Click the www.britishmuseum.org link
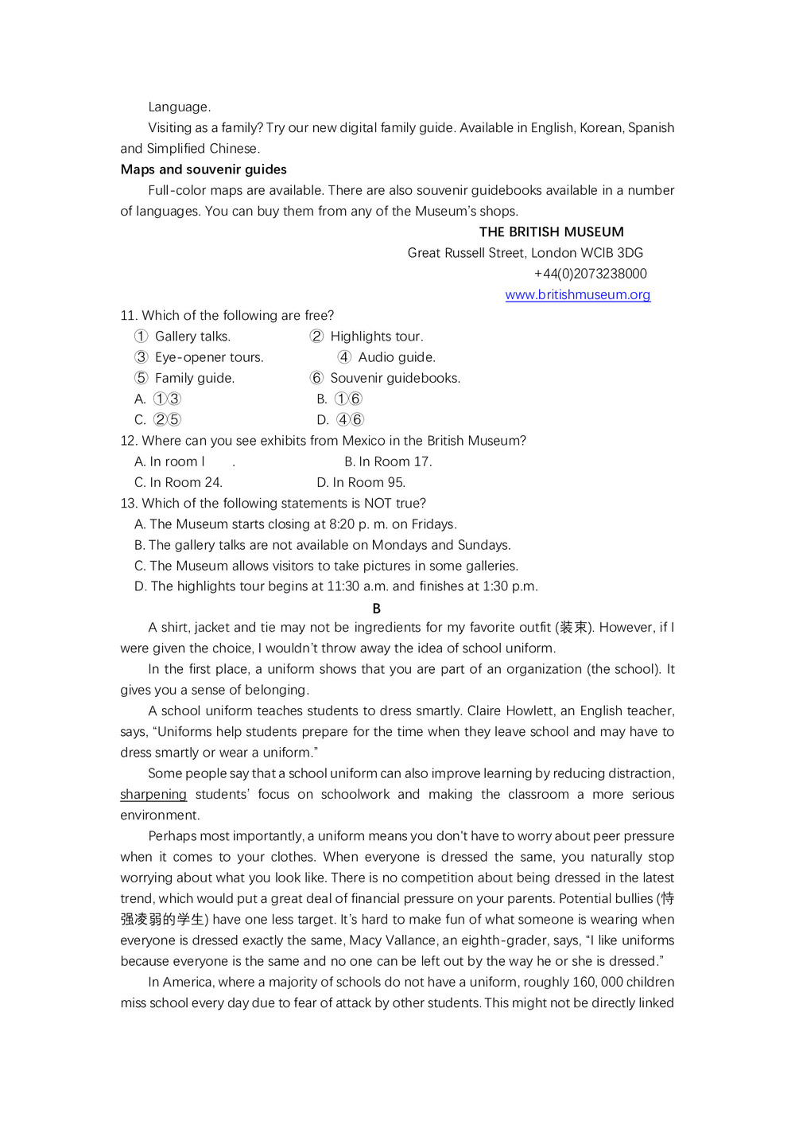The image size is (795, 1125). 577,294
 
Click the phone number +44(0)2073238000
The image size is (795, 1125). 590,274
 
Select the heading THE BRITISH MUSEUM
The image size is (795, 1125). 551,232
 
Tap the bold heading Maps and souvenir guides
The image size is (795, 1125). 204,169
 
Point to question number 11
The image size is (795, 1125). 128,315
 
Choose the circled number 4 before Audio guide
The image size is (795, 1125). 344,357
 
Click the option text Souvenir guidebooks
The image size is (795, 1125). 395,378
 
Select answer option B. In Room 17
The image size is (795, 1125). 388,461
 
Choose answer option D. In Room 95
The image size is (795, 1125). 361,482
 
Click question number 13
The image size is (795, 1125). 128,503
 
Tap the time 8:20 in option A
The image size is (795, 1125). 342,524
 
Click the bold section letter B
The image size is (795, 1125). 377,608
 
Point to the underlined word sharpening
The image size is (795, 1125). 153,794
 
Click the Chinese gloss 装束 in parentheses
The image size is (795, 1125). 574,627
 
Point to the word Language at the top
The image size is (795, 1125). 179,107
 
